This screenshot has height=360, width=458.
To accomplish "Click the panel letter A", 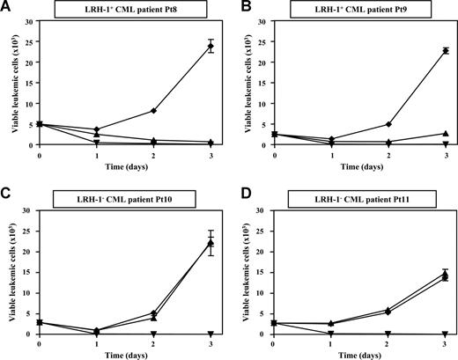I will click(x=6, y=7).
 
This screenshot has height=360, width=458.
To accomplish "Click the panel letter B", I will click(x=239, y=7).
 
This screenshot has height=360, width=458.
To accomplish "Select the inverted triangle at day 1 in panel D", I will click(x=330, y=334).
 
